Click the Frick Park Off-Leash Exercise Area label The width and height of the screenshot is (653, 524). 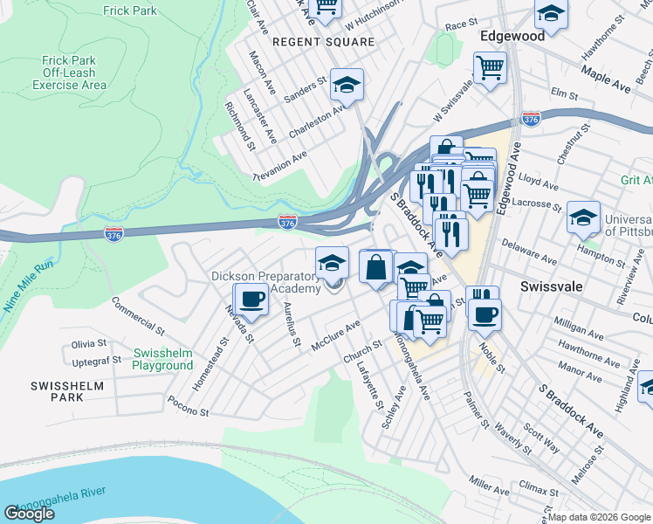pyautogui.click(x=69, y=72)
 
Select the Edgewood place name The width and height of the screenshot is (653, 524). pyautogui.click(x=512, y=36)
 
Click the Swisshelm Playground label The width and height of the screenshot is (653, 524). pyautogui.click(x=162, y=359)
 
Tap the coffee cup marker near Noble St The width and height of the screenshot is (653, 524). pyautogui.click(x=485, y=314)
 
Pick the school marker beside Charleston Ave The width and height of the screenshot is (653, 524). pyautogui.click(x=347, y=85)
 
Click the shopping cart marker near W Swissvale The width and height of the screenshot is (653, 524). pyautogui.click(x=490, y=66)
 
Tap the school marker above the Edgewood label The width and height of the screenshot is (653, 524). pyautogui.click(x=551, y=13)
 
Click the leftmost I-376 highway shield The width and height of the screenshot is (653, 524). pyautogui.click(x=113, y=233)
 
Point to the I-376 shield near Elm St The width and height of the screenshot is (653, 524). pyautogui.click(x=531, y=118)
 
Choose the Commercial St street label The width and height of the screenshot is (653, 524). pyautogui.click(x=137, y=316)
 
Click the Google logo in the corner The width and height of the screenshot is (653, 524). pyautogui.click(x=29, y=514)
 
